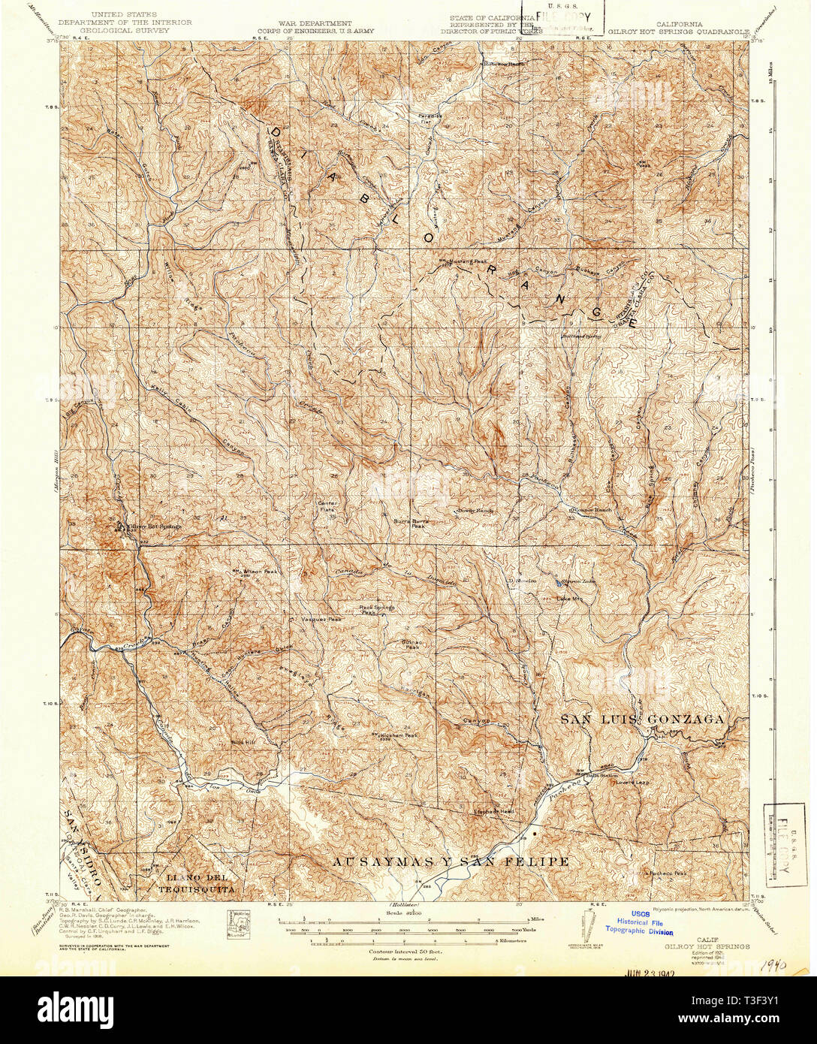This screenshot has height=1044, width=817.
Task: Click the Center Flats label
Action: (x=327, y=506)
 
